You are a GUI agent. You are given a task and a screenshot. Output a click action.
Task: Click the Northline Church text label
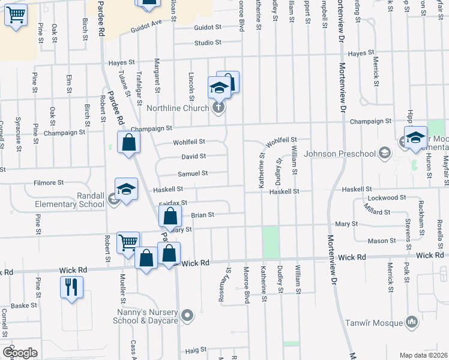(177, 109)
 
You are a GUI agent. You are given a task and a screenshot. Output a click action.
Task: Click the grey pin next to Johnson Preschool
(383, 153)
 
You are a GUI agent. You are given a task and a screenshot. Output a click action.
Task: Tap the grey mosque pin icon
(412, 322)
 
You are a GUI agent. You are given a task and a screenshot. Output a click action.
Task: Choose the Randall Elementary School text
(69, 200)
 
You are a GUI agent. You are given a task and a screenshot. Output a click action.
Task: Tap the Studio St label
(208, 43)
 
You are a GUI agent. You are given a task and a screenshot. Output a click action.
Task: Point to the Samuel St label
(193, 173)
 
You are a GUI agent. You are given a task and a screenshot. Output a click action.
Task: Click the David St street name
(194, 157)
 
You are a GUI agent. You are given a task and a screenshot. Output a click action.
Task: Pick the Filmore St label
(49, 182)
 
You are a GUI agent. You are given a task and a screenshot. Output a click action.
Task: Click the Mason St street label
(378, 241)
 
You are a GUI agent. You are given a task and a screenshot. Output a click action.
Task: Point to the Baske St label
(25, 305)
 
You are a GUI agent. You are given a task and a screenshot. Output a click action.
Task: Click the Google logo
(20, 352)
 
